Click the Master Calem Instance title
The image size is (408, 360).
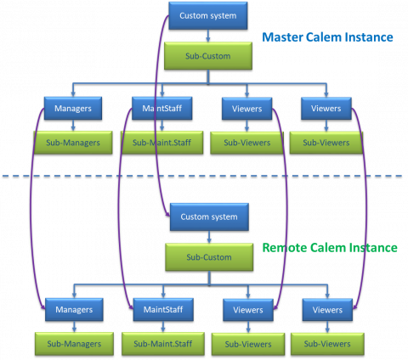pyautogui.click(x=327, y=37)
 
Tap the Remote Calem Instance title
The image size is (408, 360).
pyautogui.click(x=330, y=248)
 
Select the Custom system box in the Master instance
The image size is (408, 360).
pyautogui.click(x=208, y=16)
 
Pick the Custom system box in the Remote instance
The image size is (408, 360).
pyautogui.click(x=209, y=217)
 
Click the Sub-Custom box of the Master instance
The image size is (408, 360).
pyautogui.click(x=208, y=56)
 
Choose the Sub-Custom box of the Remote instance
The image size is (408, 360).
pyautogui.click(x=209, y=257)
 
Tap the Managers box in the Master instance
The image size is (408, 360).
pyautogui.click(x=73, y=109)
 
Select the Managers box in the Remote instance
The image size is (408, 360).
pyautogui.click(x=74, y=310)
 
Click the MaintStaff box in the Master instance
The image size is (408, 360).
pyautogui.click(x=162, y=109)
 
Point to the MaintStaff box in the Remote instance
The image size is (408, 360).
pyautogui.click(x=163, y=310)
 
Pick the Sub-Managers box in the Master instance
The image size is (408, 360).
pyautogui.click(x=73, y=143)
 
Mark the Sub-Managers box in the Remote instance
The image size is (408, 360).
pyautogui.click(x=74, y=344)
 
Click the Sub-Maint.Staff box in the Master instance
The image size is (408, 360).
pyautogui.click(x=162, y=143)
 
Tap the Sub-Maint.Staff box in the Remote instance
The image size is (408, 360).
pyautogui.click(x=163, y=344)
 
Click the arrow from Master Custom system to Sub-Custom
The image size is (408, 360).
pyautogui.click(x=208, y=36)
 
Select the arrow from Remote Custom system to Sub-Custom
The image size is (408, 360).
pyautogui.click(x=209, y=237)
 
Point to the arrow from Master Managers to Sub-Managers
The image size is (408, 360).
pyautogui.click(x=73, y=126)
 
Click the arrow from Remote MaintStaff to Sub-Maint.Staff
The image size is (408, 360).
pyautogui.click(x=163, y=327)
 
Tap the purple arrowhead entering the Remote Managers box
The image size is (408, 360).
pyautogui.click(x=43, y=307)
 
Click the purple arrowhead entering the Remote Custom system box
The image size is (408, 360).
pyautogui.click(x=168, y=215)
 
